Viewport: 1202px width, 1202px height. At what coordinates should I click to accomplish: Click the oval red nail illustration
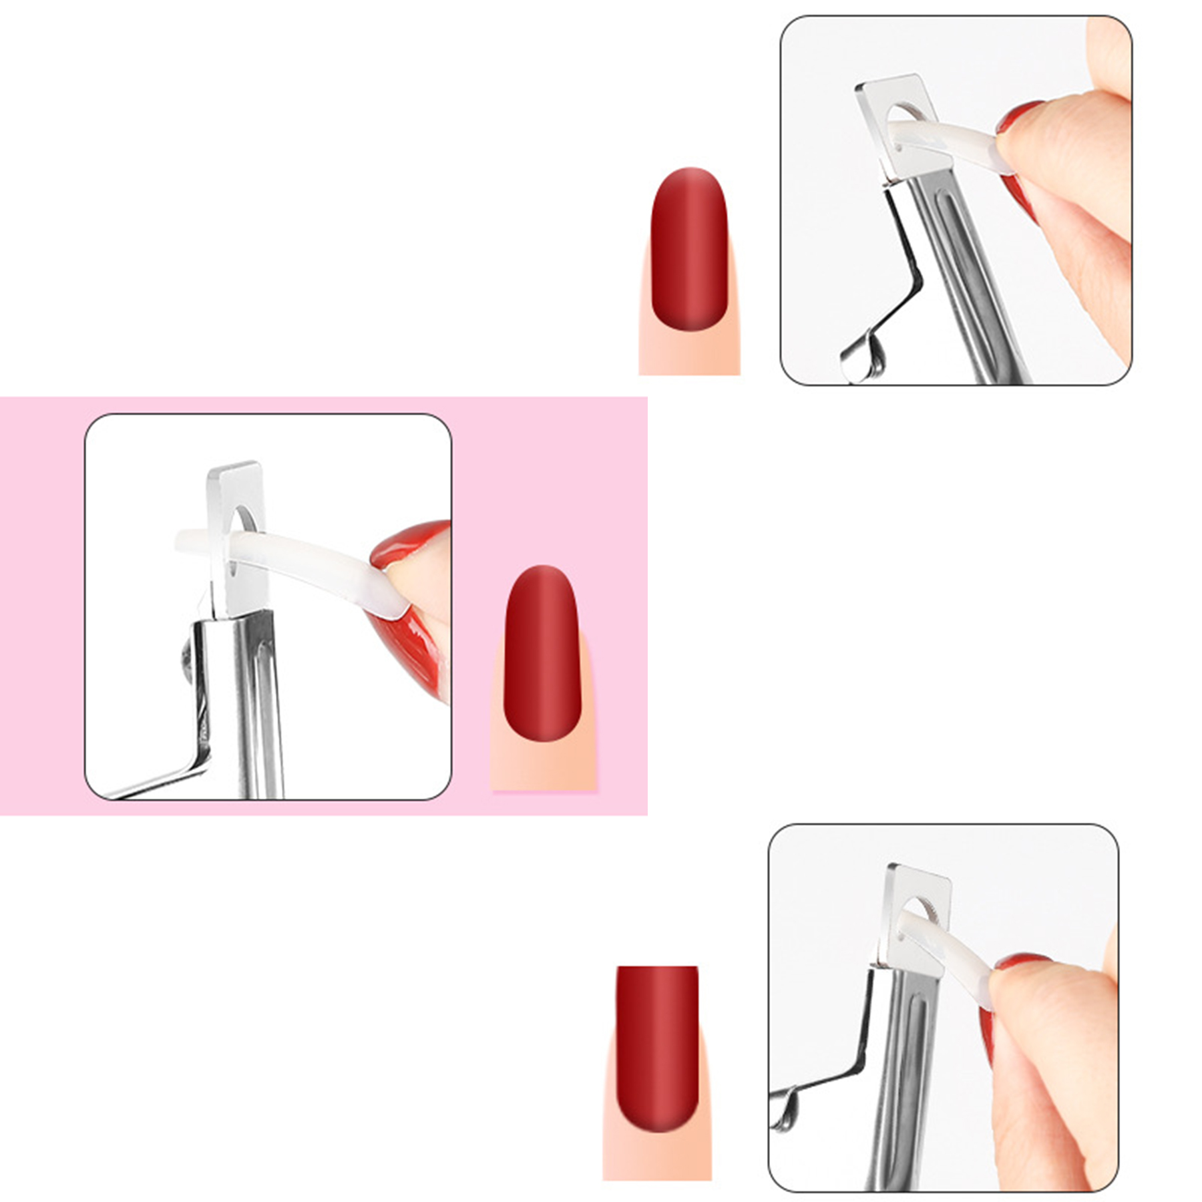688,248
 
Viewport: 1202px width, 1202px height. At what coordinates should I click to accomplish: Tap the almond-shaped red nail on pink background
541,652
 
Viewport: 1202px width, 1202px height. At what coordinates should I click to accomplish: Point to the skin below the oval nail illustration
689,354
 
